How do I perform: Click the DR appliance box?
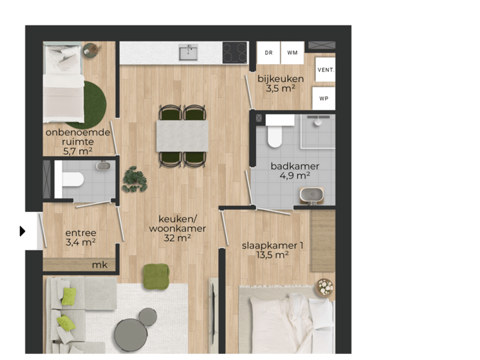pos(268,52)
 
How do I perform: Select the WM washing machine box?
pos(292,52)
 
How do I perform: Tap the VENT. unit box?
pos(325,69)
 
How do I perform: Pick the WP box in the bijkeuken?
pos(325,98)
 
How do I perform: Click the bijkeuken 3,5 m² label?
pos(281,83)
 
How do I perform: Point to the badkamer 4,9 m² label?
pos(295,171)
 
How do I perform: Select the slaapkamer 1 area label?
pos(273,249)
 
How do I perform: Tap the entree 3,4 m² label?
pos(81,237)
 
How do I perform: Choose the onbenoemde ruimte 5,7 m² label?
pos(78,141)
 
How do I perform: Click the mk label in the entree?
pos(99,265)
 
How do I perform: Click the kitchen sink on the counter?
pos(189,52)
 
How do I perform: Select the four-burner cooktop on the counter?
pos(235,53)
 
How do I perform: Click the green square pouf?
pos(156,275)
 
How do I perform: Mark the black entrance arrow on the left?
pos(22,231)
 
